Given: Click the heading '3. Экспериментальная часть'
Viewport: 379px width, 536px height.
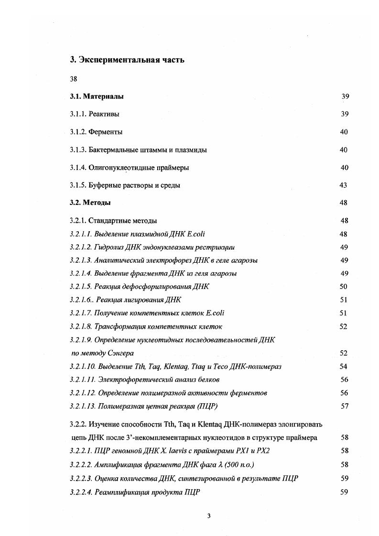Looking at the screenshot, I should pos(127,60).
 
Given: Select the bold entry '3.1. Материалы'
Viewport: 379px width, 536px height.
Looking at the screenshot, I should pos(97,96).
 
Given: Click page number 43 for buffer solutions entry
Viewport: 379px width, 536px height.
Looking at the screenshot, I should pos(343,185).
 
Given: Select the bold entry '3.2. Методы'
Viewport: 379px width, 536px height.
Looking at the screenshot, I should pos(90,203).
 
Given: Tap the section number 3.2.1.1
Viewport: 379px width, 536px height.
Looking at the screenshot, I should pos(80,234).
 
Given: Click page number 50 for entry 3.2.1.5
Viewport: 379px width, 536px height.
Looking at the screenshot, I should pos(343,287).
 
